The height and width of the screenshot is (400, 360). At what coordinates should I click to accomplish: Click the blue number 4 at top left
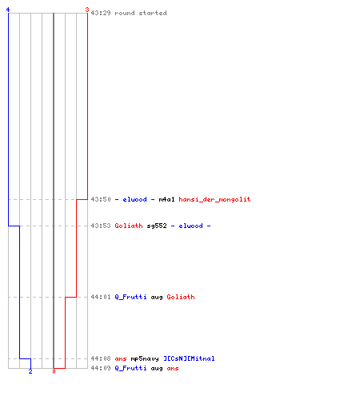[x=8, y=10]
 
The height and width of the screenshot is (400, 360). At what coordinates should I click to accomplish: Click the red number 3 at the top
[x=87, y=10]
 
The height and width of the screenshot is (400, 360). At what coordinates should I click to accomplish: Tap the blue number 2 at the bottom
[x=30, y=371]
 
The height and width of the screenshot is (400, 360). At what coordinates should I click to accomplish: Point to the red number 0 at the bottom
[x=54, y=371]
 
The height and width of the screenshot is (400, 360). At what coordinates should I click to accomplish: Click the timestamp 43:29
[x=101, y=13]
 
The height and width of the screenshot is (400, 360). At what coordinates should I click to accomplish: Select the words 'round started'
[x=141, y=13]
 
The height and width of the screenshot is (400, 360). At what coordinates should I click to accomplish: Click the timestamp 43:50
[x=101, y=199]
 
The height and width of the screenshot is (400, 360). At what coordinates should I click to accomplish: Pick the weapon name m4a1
[x=166, y=199]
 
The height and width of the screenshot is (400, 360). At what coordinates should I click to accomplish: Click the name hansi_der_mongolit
[x=214, y=199]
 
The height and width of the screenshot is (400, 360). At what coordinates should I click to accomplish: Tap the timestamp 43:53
[x=101, y=226]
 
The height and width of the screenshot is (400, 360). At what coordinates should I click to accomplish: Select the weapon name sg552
[x=157, y=226]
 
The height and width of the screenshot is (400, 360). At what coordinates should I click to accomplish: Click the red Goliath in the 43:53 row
[x=129, y=226]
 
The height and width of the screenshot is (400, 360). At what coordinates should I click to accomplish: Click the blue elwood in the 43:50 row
[x=134, y=199]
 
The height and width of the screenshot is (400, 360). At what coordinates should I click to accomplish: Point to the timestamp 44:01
[x=101, y=297]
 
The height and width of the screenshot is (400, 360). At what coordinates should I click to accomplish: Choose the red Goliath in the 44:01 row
[x=181, y=297]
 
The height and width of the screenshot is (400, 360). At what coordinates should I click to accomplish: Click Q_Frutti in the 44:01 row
[x=130, y=297]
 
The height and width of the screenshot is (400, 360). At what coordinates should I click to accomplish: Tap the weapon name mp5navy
[x=145, y=358]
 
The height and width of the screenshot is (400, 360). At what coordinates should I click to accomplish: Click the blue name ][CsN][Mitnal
[x=189, y=358]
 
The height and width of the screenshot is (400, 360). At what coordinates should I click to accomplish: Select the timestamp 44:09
[x=101, y=368]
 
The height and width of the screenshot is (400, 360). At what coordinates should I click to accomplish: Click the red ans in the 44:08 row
[x=121, y=358]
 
